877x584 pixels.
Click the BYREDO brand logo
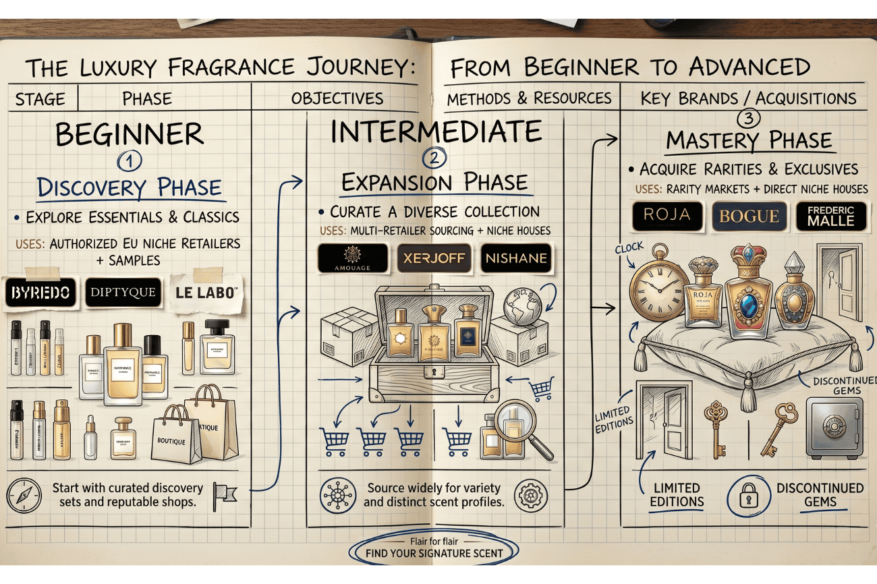(40, 294)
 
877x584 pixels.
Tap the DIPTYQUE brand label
(124, 293)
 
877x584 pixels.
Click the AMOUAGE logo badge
(353, 259)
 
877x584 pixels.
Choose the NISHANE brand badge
(515, 258)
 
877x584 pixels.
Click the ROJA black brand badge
(667, 216)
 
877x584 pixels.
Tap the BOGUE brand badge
(749, 216)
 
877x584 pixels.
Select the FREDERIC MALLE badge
(830, 216)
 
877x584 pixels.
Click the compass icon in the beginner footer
(22, 495)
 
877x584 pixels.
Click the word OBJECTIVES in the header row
(337, 98)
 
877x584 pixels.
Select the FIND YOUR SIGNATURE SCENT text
(434, 554)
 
